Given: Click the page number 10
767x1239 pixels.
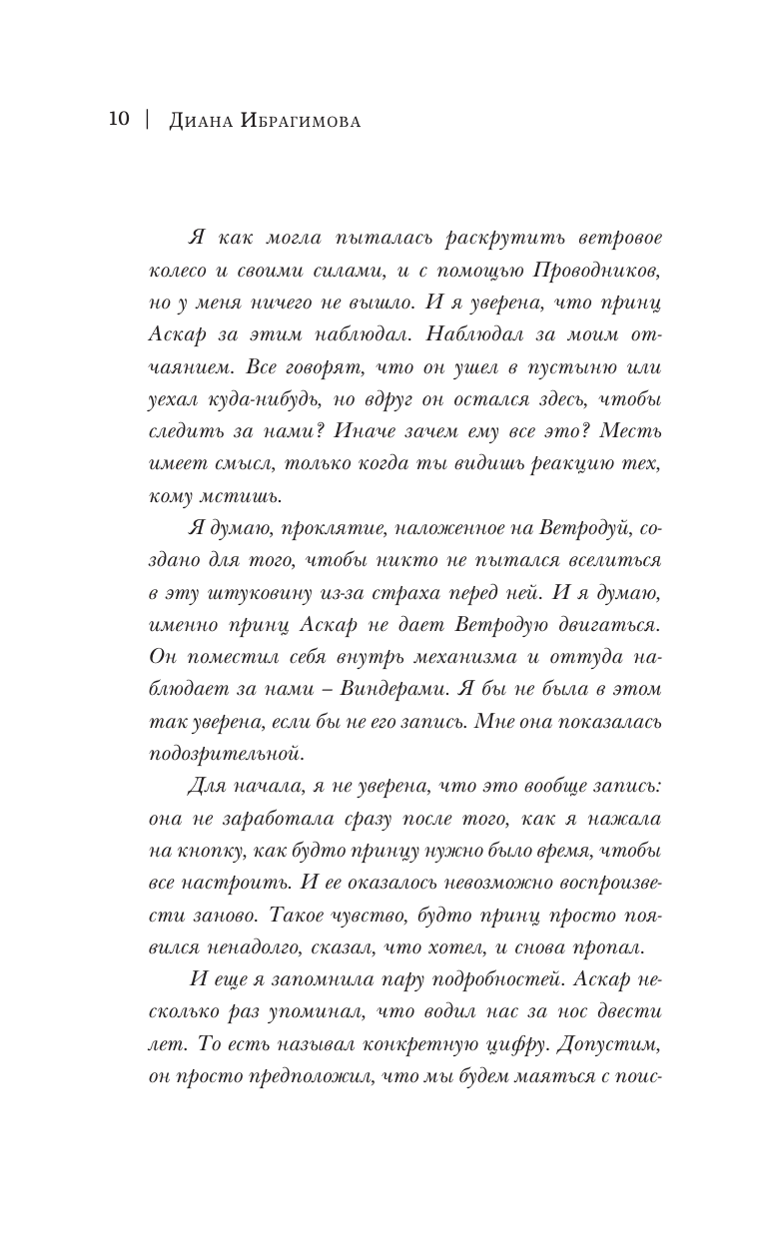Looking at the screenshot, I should [x=118, y=120].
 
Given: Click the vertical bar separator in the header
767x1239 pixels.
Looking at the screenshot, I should [x=147, y=120].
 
